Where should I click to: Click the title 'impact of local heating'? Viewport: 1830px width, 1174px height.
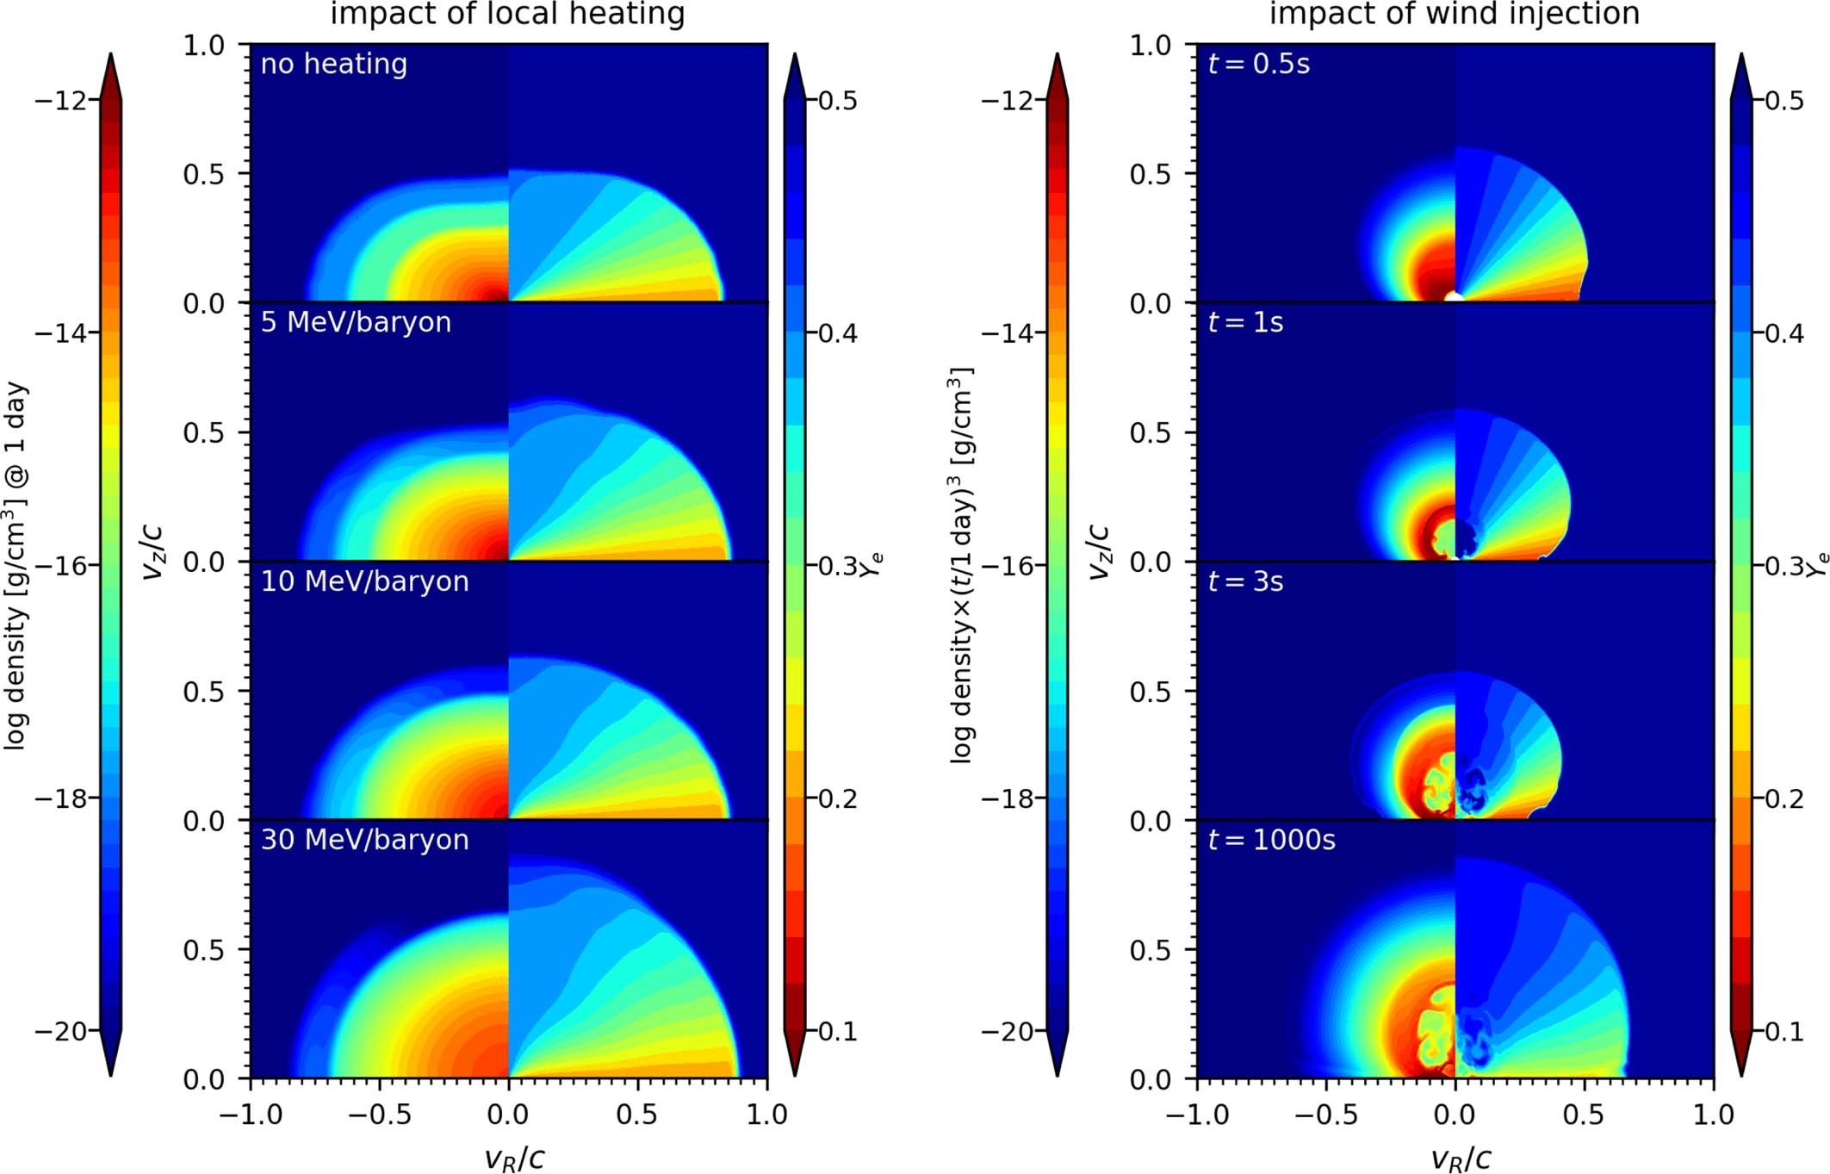507,14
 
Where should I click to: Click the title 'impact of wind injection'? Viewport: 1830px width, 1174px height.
1455,14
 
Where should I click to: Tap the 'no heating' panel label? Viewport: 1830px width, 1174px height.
334,64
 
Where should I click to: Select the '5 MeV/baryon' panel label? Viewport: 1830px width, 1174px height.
356,322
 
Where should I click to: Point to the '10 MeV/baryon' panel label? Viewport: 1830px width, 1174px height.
364,581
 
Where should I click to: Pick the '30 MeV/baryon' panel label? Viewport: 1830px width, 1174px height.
364,840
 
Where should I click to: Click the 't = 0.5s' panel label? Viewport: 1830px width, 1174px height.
1258,64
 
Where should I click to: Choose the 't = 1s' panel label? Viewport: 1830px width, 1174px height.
1245,322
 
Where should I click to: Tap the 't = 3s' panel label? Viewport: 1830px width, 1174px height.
1245,581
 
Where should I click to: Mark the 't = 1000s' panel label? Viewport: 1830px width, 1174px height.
1271,840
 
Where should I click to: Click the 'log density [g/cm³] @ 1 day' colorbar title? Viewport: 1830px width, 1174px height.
16,566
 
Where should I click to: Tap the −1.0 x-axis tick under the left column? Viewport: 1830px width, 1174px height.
251,1115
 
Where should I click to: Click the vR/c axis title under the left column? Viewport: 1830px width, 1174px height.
514,1158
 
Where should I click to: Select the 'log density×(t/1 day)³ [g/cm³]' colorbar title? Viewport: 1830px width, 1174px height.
962,566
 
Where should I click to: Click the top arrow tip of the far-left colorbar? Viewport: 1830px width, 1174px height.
110,55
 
